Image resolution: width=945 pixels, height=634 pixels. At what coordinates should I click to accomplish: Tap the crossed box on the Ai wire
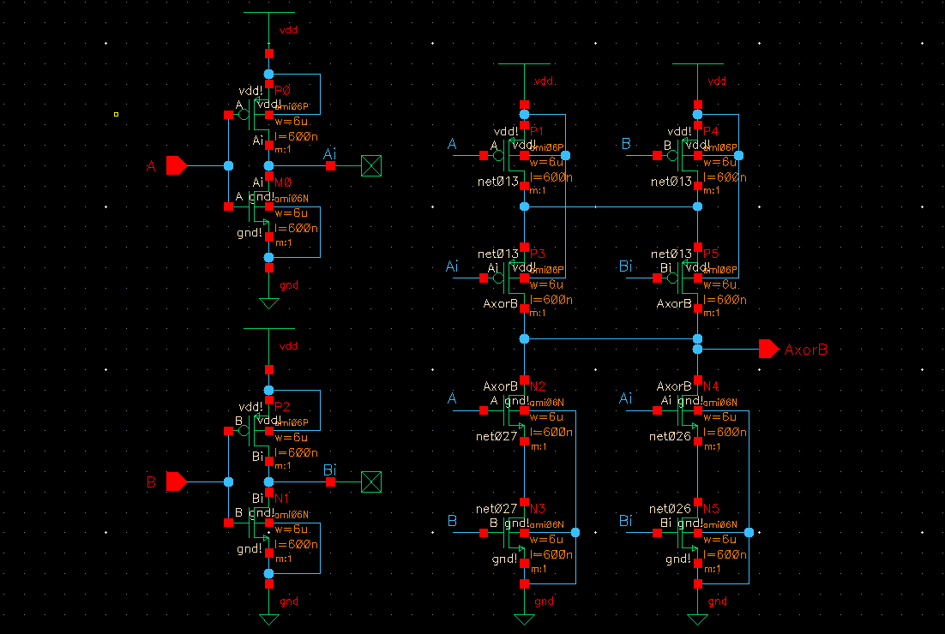371,165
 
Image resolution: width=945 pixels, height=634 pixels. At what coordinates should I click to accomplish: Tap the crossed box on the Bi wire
371,482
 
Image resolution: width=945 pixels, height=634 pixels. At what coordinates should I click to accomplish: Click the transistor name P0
283,90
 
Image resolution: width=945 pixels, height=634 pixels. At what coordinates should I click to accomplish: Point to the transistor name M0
284,182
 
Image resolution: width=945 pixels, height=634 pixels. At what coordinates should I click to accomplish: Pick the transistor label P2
283,406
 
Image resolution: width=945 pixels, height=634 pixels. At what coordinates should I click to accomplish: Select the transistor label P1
538,130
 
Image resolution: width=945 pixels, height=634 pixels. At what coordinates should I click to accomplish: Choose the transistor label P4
710,130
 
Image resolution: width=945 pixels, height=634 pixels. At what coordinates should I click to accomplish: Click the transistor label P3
538,254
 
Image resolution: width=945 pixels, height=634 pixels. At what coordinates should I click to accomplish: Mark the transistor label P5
710,254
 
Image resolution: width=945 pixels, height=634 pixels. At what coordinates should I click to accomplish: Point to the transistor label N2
539,386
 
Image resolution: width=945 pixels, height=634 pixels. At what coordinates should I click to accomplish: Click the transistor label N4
711,386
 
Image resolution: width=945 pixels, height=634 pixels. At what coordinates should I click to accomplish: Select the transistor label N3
539,508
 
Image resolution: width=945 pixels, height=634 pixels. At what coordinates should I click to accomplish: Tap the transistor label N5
711,508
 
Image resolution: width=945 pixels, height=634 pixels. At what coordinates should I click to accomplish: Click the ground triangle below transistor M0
269,303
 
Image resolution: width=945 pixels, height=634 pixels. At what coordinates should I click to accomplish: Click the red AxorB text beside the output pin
806,350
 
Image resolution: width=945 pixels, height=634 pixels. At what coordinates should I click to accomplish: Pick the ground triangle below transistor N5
697,619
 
